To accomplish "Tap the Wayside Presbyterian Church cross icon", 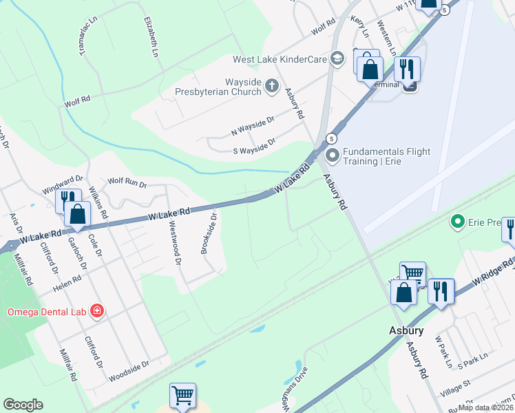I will pos(272,86).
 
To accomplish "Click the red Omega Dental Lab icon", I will pos(97,312).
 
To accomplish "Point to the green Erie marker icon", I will pos(456,222).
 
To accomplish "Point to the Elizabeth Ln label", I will pos(151,37).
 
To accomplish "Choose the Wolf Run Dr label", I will pos(127,183).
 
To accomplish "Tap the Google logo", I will pos(23,405).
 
